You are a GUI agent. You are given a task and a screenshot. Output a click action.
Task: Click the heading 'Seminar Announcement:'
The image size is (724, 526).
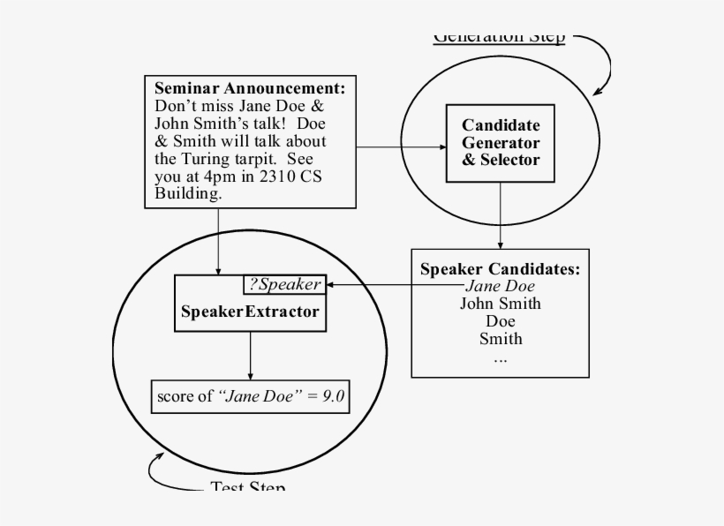[250, 88]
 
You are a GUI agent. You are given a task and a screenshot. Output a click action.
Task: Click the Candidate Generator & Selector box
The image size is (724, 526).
[501, 143]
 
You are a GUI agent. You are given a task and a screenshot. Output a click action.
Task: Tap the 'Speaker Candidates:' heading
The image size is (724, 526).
[500, 269]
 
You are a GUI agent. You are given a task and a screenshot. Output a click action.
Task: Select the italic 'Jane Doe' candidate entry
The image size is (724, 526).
[500, 286]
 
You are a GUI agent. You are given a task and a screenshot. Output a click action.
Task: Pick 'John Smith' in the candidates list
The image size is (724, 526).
[501, 304]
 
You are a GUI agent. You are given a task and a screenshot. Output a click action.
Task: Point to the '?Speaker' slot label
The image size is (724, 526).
[284, 284]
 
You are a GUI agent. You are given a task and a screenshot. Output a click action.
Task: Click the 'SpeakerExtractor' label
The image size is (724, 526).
[250, 312]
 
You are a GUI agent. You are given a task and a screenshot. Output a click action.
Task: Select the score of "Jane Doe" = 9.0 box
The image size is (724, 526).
[251, 396]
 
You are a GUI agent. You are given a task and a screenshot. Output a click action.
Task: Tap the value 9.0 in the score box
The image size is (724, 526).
[329, 396]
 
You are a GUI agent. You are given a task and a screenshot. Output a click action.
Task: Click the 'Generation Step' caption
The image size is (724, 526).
[499, 37]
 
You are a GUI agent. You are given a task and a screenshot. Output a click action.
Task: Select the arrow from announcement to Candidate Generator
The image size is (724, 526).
[402, 147]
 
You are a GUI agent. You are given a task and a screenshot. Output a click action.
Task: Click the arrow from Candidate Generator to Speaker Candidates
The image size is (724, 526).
[501, 216]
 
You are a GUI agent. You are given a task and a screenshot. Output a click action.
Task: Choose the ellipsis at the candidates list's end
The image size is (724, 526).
[501, 358]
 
